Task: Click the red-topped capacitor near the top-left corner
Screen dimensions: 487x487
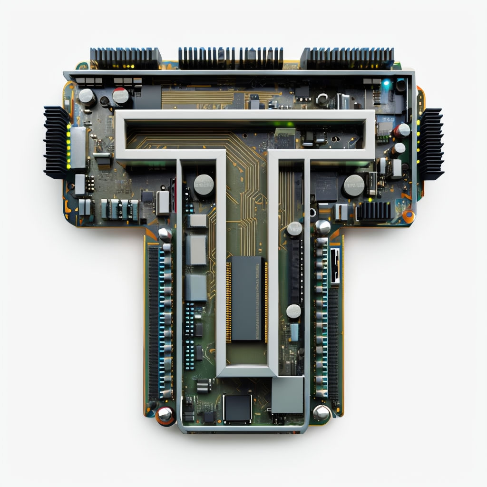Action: (120, 95)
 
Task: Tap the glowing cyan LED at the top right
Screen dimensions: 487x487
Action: (386, 83)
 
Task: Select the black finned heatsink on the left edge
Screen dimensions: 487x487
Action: (56, 143)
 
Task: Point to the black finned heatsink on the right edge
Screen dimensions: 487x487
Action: (430, 144)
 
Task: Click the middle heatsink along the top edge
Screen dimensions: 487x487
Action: (231, 58)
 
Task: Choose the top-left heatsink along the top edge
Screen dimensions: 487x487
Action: (126, 58)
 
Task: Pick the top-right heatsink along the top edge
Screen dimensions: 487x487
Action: (347, 58)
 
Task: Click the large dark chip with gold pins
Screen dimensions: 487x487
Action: (247, 298)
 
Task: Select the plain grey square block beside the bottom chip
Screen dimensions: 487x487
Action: (288, 395)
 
